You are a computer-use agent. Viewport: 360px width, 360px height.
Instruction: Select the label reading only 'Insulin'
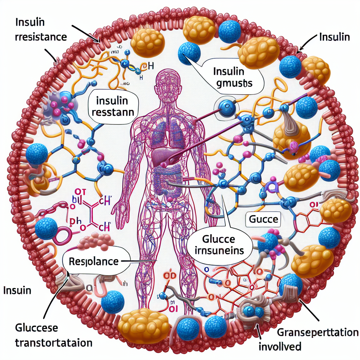click(334, 37)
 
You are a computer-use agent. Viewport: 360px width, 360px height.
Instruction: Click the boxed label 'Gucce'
click(263, 220)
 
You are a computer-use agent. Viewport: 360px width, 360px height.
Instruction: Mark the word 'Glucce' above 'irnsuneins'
click(218, 239)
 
